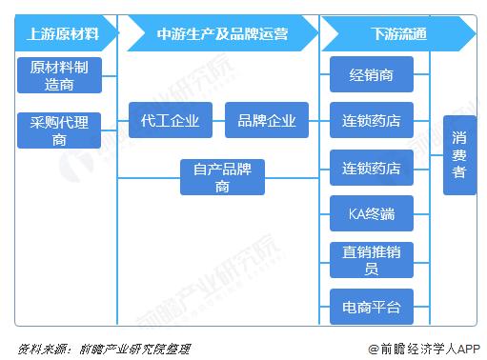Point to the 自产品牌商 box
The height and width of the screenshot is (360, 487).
click(222, 177)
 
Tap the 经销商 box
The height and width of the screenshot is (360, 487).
click(371, 74)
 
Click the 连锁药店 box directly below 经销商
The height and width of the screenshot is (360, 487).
click(371, 120)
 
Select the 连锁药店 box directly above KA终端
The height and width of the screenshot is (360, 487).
click(371, 167)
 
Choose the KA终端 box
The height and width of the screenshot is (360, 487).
click(371, 212)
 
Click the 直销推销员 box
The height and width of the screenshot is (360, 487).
click(371, 259)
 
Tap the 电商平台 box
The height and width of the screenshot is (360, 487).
click(371, 306)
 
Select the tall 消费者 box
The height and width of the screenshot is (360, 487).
click(458, 154)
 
